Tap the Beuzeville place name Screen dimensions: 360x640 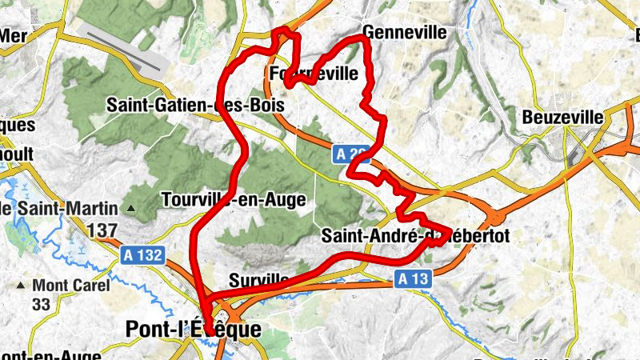point(562,117)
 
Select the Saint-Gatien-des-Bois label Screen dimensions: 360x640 point(195,105)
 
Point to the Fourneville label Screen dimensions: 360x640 point(314,74)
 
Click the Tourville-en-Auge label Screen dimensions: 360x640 point(233,199)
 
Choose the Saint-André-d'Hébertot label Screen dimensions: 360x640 point(414,236)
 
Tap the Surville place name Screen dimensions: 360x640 point(258,279)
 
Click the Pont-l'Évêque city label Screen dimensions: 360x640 point(193,329)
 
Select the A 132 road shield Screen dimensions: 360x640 point(143,256)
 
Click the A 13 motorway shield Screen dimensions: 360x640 point(413,278)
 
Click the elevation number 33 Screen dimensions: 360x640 point(42,304)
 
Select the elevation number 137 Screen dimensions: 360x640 point(102,230)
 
